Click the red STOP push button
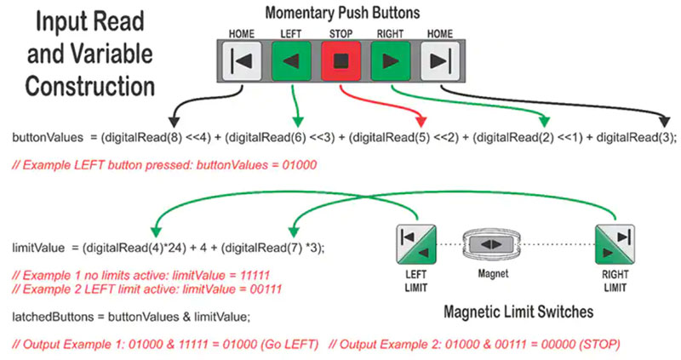[x=340, y=61]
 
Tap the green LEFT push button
[x=290, y=61]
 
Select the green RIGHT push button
[x=389, y=61]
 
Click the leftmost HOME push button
[x=241, y=61]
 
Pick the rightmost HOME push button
[x=439, y=61]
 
